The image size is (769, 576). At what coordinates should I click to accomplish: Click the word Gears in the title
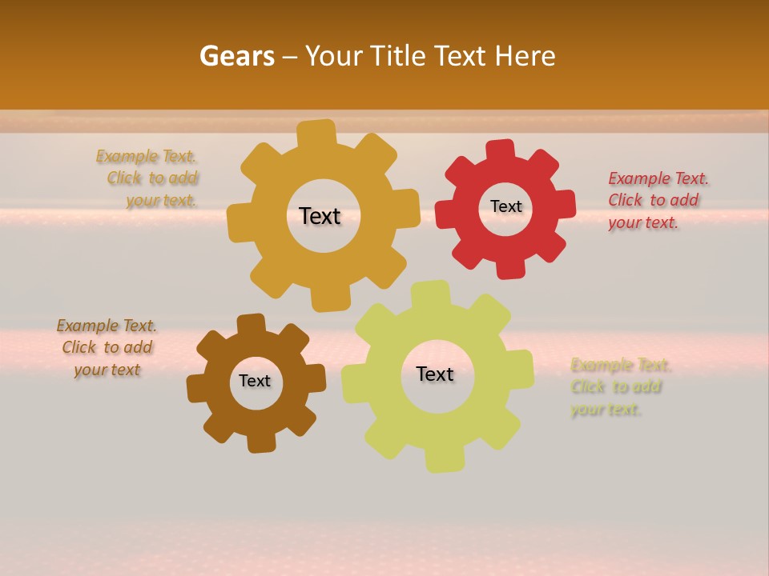tap(236, 56)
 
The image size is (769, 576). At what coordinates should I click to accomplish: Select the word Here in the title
tap(525, 56)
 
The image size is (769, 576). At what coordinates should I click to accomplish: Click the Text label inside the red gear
tap(505, 206)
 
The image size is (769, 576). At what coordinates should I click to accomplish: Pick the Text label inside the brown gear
tap(255, 381)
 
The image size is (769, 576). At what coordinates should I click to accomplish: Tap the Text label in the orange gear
tap(320, 216)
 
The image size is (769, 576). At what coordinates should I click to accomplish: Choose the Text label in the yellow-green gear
tap(435, 374)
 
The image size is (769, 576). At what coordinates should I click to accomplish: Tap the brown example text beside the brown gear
tap(107, 348)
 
